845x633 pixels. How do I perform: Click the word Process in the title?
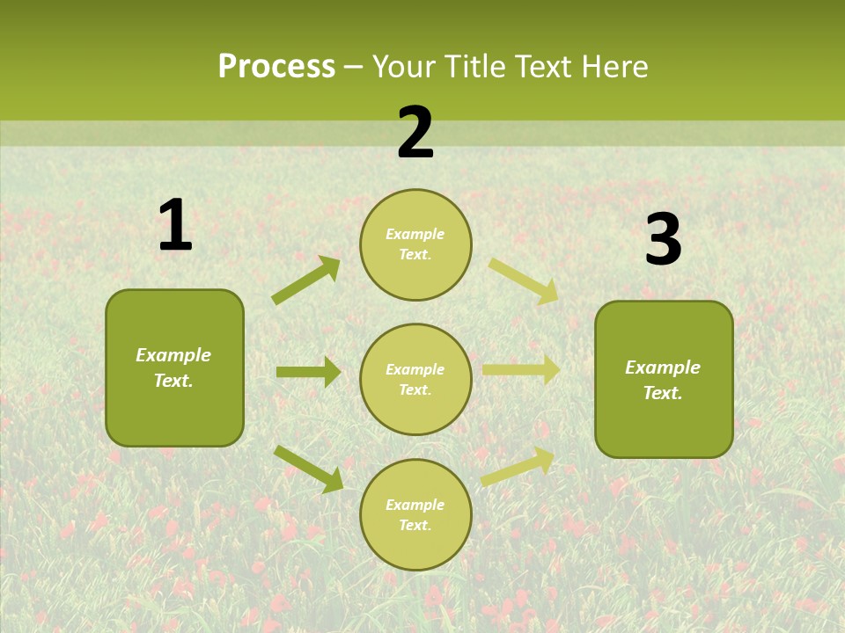pyautogui.click(x=276, y=67)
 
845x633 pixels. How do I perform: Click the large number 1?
pyautogui.click(x=175, y=226)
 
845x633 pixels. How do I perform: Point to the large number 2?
pyautogui.click(x=415, y=133)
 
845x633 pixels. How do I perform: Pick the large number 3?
pyautogui.click(x=664, y=240)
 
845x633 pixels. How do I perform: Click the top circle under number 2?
pyautogui.click(x=415, y=244)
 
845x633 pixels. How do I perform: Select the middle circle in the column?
pyautogui.click(x=415, y=379)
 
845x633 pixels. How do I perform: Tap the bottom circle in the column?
pyautogui.click(x=415, y=514)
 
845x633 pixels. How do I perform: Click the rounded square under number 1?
pyautogui.click(x=174, y=367)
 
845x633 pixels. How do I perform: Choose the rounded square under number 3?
pyautogui.click(x=664, y=379)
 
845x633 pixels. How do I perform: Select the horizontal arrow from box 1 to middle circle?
pyautogui.click(x=308, y=372)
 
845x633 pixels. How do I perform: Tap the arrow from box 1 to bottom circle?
pyautogui.click(x=308, y=469)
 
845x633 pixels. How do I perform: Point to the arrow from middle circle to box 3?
pyautogui.click(x=520, y=369)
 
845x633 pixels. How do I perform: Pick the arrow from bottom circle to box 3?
pyautogui.click(x=518, y=467)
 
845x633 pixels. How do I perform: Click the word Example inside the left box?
pyautogui.click(x=173, y=355)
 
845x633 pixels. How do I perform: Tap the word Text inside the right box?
pyautogui.click(x=662, y=393)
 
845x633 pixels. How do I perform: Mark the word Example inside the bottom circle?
pyautogui.click(x=415, y=505)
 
